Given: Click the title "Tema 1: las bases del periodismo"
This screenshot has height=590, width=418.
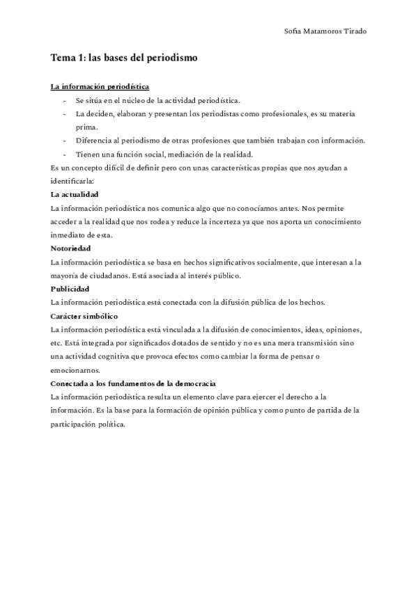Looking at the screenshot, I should coord(124,58).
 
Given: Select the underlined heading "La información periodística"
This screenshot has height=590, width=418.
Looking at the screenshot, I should coord(100,87).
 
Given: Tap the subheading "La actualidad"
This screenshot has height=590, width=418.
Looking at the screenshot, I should coord(75,194).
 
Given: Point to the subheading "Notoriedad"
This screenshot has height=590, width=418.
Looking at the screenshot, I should coord(71,248).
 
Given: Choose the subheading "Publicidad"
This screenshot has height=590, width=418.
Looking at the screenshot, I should coord(70,288).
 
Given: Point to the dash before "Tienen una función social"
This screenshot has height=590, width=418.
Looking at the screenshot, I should coord(64,154).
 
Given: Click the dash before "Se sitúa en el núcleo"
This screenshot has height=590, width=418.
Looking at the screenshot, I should coord(64,101).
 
